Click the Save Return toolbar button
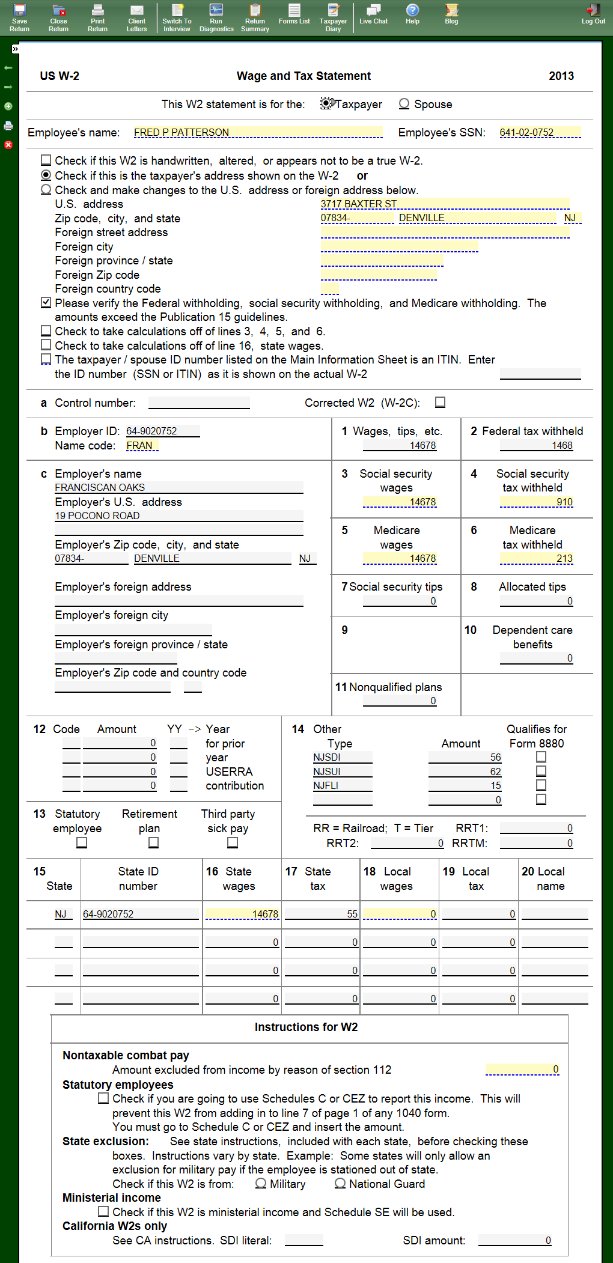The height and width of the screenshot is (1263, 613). click(x=19, y=17)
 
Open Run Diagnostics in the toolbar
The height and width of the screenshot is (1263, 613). click(x=216, y=17)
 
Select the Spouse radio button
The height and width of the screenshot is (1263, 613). click(x=404, y=104)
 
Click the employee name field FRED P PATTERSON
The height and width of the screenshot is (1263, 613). click(x=258, y=132)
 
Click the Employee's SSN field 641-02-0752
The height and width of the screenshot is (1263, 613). click(x=540, y=132)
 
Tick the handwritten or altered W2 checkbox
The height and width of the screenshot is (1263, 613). click(x=46, y=160)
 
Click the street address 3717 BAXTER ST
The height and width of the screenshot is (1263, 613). click(x=445, y=204)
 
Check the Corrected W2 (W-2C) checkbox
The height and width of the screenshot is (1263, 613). click(x=441, y=403)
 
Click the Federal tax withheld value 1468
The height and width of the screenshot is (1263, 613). click(x=536, y=445)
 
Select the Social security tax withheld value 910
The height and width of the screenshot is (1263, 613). click(x=536, y=502)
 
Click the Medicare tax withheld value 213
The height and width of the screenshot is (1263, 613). click(x=536, y=558)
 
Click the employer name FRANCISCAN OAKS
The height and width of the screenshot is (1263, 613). click(x=178, y=487)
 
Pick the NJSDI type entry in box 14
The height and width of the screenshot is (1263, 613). click(x=342, y=757)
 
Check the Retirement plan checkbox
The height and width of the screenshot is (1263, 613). click(x=154, y=843)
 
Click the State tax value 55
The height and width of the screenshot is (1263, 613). click(x=322, y=914)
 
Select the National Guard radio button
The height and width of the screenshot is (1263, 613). click(x=340, y=1183)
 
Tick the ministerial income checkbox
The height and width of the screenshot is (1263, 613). click(x=103, y=1211)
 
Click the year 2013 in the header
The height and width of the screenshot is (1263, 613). click(x=561, y=76)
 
